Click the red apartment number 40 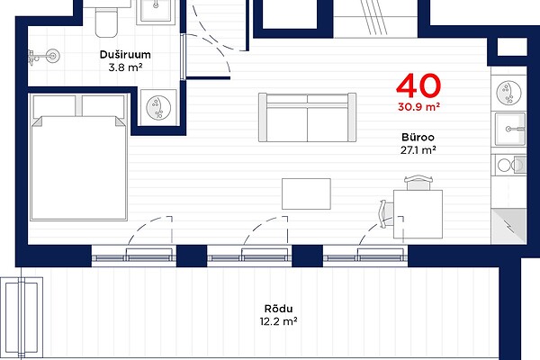click(x=418, y=85)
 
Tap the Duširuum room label click(x=125, y=54)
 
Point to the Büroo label click(x=418, y=137)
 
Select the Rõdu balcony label click(x=278, y=309)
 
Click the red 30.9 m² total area click(x=418, y=107)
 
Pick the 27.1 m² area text click(x=418, y=150)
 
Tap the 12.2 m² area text click(x=278, y=321)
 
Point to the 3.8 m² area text click(x=125, y=67)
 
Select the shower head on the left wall click(x=44, y=56)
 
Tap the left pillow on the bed click(x=54, y=106)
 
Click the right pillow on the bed click(x=103, y=106)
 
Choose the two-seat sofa click(x=307, y=117)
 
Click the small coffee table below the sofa click(x=306, y=194)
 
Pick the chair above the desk click(x=418, y=183)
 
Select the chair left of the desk click(x=387, y=213)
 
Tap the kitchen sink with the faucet click(x=510, y=130)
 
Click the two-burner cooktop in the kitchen click(x=510, y=166)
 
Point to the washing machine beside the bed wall click(x=158, y=107)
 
